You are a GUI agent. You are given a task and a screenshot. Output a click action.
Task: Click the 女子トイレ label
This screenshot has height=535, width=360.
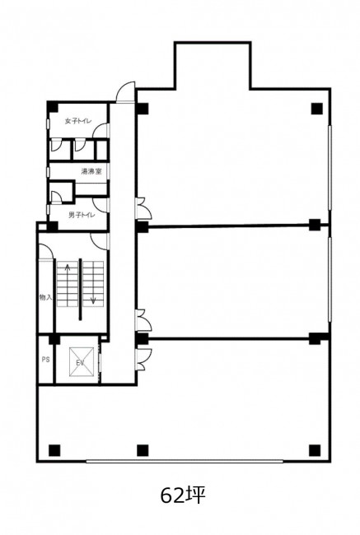coord(78,121)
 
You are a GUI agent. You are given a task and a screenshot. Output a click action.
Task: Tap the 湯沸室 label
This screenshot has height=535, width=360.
coord(91,171)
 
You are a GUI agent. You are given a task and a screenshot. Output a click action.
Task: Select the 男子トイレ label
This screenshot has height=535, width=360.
coord(82,215)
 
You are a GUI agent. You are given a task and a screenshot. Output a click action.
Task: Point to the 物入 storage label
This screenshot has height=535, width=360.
coord(45,297)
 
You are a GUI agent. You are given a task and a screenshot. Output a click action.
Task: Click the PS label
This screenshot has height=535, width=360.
coord(46,360)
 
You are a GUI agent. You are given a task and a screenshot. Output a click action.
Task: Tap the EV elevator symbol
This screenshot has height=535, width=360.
coord(82,361)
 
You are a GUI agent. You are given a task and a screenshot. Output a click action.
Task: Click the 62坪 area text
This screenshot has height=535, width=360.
coord(183,495)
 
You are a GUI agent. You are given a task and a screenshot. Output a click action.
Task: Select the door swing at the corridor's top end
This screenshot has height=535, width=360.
coord(125,92)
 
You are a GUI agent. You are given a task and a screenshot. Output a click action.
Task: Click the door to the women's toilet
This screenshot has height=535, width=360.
coord(101,131)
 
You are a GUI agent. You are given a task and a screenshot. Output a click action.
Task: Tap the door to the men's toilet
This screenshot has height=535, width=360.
coord(101,206)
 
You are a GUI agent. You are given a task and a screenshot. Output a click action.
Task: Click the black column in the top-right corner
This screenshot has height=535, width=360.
coord(316,109)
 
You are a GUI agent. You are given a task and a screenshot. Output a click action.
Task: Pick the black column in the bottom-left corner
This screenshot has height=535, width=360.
coord(54,450)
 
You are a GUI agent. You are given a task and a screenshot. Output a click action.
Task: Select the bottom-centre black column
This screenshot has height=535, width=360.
coord(143,450)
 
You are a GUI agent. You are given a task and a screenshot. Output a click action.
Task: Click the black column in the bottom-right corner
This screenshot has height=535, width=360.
coord(315,450)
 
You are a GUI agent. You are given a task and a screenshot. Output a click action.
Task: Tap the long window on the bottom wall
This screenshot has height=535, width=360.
coord(185,461)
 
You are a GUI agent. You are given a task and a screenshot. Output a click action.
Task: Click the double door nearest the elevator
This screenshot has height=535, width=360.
coord(143,360)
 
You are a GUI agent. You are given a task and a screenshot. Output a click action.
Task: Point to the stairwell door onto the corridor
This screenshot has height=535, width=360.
coord(100,241)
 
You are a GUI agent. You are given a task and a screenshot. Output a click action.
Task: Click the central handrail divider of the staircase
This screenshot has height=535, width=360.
coord(81,290)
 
